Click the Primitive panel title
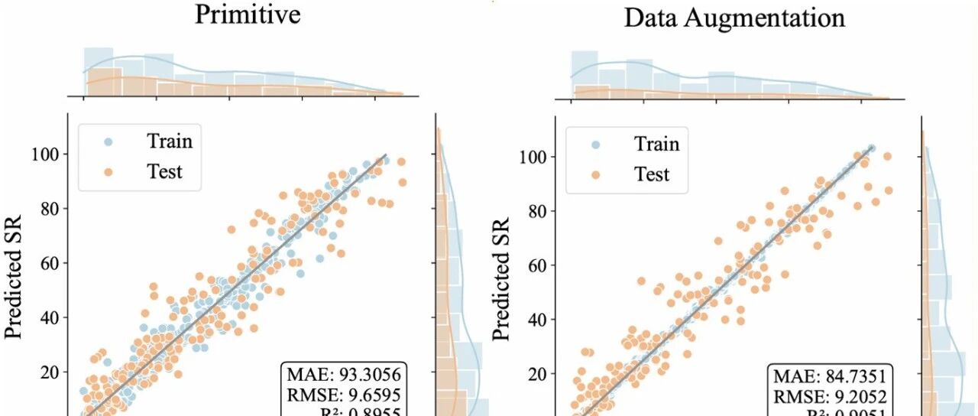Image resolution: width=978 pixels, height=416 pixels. (248, 14)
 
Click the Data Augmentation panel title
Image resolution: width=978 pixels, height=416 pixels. (734, 18)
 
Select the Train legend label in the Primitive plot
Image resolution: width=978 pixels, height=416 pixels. (170, 141)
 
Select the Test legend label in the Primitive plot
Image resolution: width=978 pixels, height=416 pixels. (164, 171)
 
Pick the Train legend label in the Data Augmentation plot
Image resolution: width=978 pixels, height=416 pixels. (656, 144)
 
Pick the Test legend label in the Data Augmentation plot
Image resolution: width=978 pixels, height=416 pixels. (651, 174)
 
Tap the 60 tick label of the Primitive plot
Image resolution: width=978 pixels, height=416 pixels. (50, 262)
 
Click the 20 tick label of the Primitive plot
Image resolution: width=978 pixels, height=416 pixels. (50, 372)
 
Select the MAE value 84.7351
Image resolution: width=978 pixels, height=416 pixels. (852, 376)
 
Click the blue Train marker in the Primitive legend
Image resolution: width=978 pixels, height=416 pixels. (109, 141)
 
